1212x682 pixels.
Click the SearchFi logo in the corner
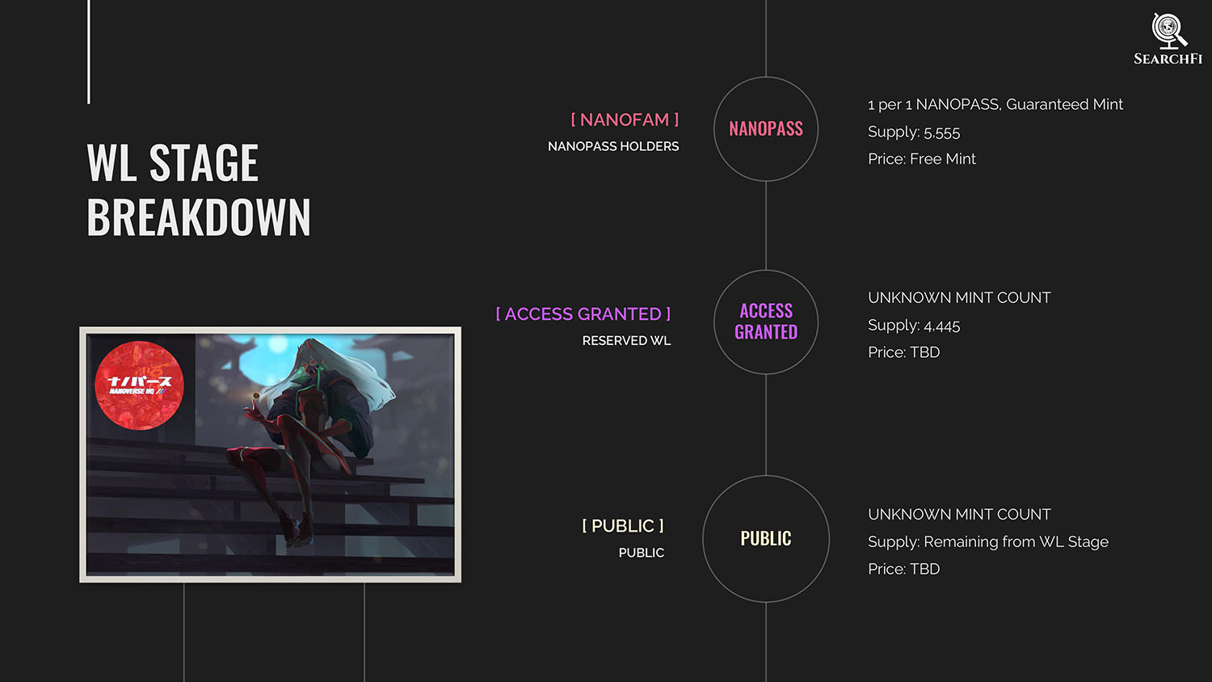point(1168,39)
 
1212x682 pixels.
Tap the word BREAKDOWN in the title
point(199,217)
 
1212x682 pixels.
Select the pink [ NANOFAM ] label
point(625,120)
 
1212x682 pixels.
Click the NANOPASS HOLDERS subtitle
point(613,146)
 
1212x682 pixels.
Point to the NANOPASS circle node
point(766,128)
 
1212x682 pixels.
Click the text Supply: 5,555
point(914,132)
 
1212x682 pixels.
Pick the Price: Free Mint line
point(921,158)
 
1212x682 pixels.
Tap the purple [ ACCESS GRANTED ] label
point(583,314)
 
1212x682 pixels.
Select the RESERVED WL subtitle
point(626,340)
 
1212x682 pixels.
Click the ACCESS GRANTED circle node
point(766,322)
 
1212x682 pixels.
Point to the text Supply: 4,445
point(914,326)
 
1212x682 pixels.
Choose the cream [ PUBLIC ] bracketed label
point(623,525)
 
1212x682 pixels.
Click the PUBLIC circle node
point(766,538)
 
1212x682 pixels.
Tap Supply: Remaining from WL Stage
point(988,542)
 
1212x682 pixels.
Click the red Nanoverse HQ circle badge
point(139,385)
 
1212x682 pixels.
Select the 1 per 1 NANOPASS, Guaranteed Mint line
point(995,104)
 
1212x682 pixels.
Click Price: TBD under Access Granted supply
point(903,352)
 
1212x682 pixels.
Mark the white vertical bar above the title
point(89,52)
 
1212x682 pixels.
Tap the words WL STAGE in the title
point(173,162)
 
